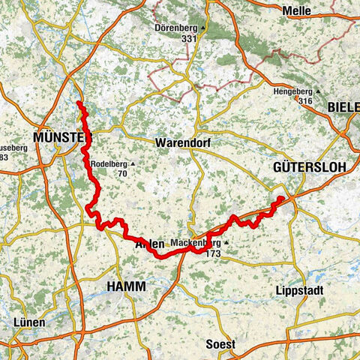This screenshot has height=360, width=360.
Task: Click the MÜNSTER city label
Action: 62,137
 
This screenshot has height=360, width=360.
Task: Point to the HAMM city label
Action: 126,287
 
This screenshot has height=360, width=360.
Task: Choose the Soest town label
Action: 220,344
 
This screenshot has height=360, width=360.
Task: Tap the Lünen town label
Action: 28,322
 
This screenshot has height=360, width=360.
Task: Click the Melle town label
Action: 297,10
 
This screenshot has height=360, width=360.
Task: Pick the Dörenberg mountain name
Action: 173,27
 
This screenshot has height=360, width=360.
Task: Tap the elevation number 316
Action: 304,100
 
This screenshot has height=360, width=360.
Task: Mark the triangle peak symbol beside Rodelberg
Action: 133,163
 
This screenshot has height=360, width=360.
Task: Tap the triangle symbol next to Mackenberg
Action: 223,243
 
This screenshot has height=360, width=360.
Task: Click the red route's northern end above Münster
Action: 79,102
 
